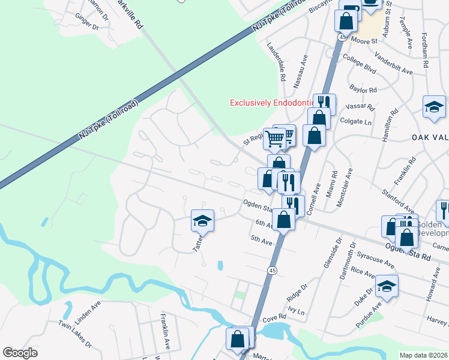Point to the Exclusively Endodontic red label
click(273, 103)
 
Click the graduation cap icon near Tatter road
click(203, 221)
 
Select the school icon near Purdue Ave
click(387, 287)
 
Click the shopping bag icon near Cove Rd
click(238, 338)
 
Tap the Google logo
click(20, 353)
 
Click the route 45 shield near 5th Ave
click(272, 271)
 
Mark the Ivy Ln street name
click(297, 312)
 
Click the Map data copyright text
click(423, 355)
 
